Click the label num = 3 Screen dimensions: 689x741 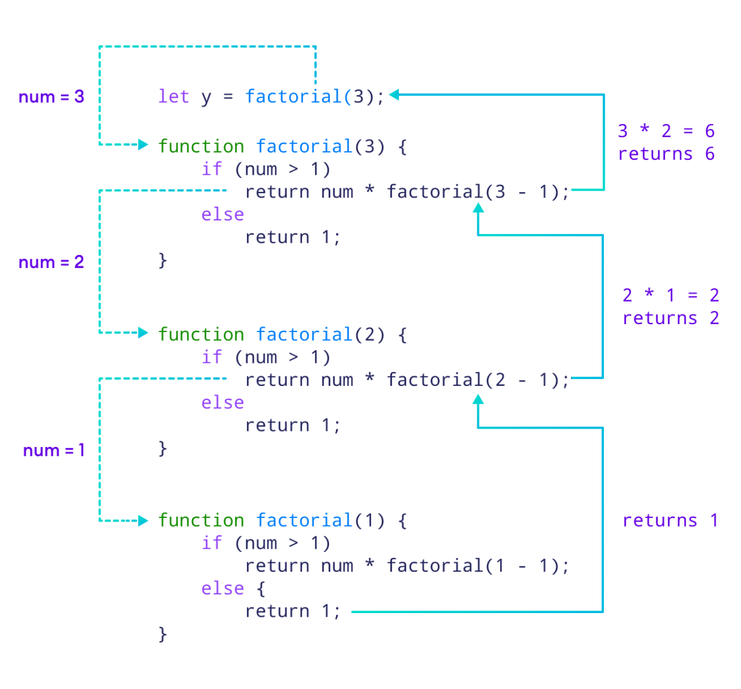click(x=51, y=97)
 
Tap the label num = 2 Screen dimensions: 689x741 click(x=51, y=262)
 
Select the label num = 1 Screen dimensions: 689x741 click(x=54, y=451)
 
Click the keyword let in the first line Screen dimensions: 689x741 click(x=174, y=96)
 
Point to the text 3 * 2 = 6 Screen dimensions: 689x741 click(x=666, y=131)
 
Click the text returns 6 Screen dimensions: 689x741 click(x=666, y=154)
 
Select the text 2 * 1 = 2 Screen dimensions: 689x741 click(x=671, y=295)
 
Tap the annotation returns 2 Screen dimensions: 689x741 click(x=671, y=318)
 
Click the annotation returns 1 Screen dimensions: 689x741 click(x=670, y=520)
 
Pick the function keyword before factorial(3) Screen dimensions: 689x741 click(x=201, y=146)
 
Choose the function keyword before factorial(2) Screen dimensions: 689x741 click(x=201, y=334)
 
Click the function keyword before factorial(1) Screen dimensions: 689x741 click(x=201, y=520)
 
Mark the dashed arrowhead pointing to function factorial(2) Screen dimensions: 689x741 click(x=143, y=333)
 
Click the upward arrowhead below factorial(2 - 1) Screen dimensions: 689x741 click(x=477, y=399)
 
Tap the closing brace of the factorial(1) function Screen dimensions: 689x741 click(x=162, y=633)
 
